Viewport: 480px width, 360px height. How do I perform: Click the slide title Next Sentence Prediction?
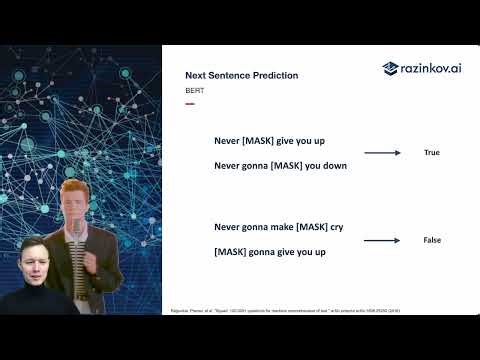241,75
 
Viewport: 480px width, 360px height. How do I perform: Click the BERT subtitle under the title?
194,90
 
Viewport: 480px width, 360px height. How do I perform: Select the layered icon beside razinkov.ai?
391,68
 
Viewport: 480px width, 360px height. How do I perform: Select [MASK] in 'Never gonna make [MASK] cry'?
309,228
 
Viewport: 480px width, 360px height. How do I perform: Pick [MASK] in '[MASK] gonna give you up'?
233,252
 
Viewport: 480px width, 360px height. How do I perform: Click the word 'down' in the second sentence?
334,165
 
